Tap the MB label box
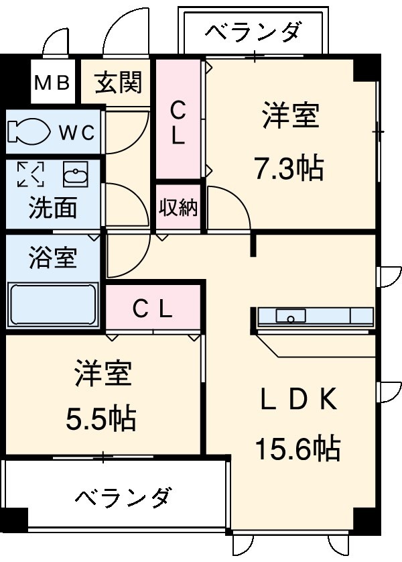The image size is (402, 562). click(52, 82)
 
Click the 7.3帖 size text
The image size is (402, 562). click(289, 168)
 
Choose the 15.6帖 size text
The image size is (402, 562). click(297, 447)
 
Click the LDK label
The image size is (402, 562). click(297, 400)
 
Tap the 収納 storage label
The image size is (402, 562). click(178, 208)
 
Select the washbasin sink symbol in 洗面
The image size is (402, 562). click(75, 176)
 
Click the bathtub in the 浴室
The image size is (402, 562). click(52, 305)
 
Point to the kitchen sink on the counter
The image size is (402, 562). click(291, 315)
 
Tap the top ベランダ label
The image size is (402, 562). click(253, 32)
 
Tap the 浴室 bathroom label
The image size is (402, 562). click(52, 258)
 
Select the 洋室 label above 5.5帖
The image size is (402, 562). click(103, 374)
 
